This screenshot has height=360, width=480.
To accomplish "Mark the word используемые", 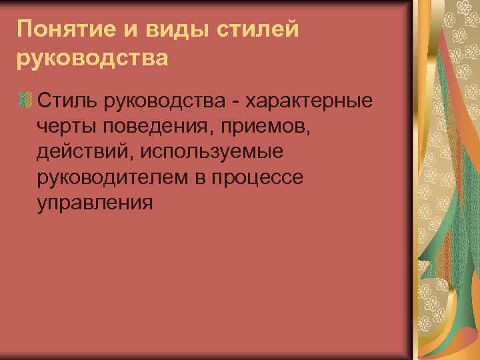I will coord(211,152).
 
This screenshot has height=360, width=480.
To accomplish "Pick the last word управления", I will coord(95,203).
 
